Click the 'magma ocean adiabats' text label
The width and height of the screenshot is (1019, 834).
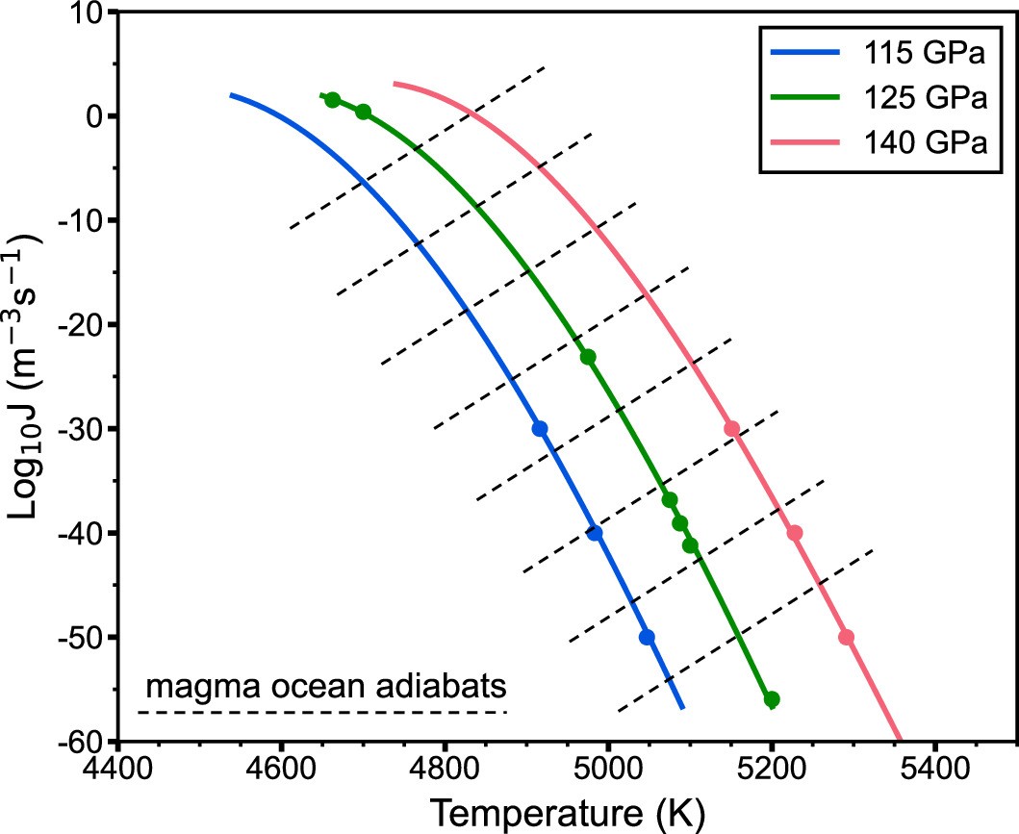tap(326, 689)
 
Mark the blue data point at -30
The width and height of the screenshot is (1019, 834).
tap(540, 429)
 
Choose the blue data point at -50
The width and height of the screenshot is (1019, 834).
tap(647, 638)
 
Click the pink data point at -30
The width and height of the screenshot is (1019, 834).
tap(732, 429)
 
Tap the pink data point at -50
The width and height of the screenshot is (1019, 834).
tap(847, 638)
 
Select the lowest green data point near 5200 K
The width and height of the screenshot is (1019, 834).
tap(772, 699)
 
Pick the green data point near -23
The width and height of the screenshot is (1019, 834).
tap(588, 357)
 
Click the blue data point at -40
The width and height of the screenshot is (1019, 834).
tap(596, 533)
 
